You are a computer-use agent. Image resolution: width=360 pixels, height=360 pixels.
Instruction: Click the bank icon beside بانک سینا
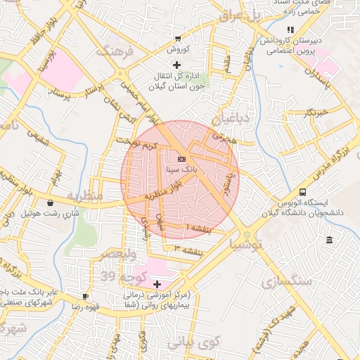tap(181, 159)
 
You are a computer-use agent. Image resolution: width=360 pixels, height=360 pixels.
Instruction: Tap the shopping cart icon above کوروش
tap(178, 38)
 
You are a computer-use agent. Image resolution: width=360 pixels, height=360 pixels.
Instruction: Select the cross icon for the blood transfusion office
tap(176, 65)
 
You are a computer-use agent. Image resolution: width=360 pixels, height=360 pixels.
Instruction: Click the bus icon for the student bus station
tap(302, 192)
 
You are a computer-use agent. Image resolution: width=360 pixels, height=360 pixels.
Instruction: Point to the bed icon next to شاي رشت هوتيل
tap(50, 203)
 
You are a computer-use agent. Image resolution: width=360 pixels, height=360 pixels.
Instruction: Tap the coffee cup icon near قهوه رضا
tap(86, 296)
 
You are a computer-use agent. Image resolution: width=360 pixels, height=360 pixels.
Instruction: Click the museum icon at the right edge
tap(330, 241)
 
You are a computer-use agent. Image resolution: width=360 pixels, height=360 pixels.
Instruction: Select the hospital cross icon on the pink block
tap(156, 283)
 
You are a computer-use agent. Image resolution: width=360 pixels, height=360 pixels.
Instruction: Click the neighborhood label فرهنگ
tap(117, 53)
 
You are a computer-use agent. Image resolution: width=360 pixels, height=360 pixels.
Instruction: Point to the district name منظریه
tap(85, 194)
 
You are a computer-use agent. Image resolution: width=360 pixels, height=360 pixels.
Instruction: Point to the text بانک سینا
tap(181, 169)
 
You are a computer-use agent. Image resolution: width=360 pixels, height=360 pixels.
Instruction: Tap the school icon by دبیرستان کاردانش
tap(290, 30)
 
